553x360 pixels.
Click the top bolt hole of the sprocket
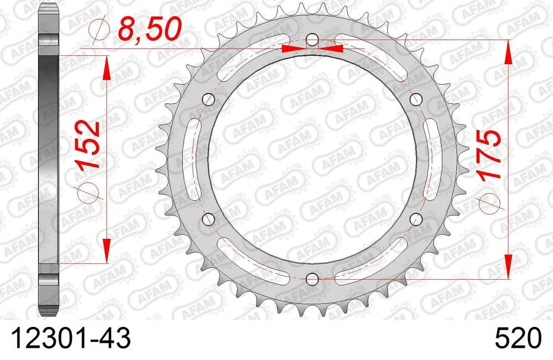coord(312,40)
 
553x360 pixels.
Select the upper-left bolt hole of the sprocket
coord(209,100)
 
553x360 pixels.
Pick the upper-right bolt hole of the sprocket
coord(415,100)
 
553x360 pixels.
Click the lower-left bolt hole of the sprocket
coord(208,219)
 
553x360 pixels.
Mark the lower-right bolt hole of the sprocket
coord(415,219)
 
